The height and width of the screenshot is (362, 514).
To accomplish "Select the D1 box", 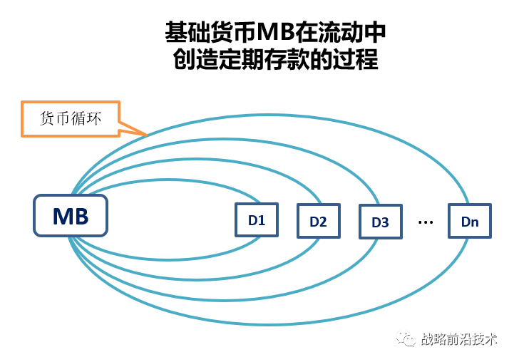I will (x=257, y=220).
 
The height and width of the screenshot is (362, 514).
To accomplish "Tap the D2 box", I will (x=318, y=222).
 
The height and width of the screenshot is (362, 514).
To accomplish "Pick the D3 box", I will (x=380, y=222).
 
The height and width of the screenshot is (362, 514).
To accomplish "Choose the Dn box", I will (x=470, y=222).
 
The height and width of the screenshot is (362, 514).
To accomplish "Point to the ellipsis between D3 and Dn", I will (x=426, y=222).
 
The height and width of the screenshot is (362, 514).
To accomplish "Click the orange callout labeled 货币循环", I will (x=70, y=118).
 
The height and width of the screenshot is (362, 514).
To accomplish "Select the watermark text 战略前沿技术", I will (x=459, y=339).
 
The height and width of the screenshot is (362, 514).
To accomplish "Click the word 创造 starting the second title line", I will (x=197, y=59).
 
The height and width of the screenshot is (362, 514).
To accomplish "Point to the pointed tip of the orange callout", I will (x=146, y=134).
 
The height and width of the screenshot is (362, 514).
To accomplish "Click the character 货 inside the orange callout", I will (x=47, y=118).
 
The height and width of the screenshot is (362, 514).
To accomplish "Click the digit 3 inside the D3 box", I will (x=385, y=222).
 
